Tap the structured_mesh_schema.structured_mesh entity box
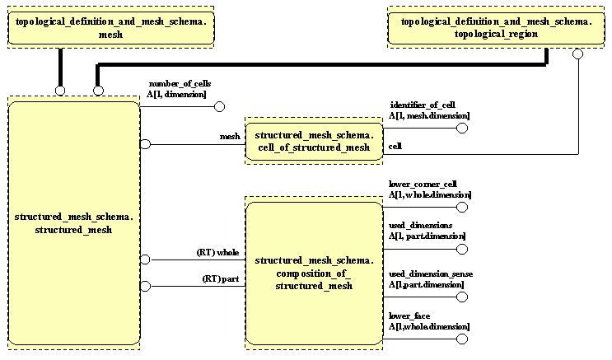[74, 222]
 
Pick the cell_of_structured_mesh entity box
[314, 141]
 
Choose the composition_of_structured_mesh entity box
[315, 273]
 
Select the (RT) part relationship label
[221, 278]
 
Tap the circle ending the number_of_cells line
[220, 107]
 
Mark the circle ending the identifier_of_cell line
[462, 129]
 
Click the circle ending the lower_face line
[462, 339]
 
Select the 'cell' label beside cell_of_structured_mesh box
[395, 146]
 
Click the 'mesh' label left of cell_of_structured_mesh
[230, 137]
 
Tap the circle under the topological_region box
[577, 54]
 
